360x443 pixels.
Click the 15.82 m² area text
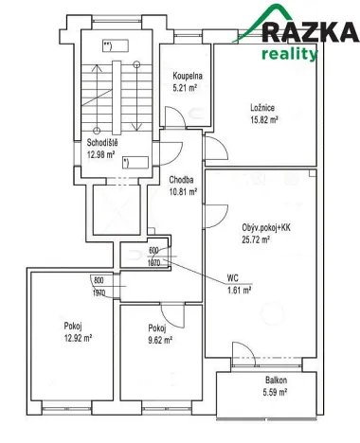262,121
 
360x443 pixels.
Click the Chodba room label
182,180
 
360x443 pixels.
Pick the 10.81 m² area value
182,191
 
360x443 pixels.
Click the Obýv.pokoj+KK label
260,228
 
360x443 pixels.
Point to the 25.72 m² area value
258,240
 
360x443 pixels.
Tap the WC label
232,278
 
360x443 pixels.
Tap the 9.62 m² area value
156,340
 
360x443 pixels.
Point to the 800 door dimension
99,281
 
